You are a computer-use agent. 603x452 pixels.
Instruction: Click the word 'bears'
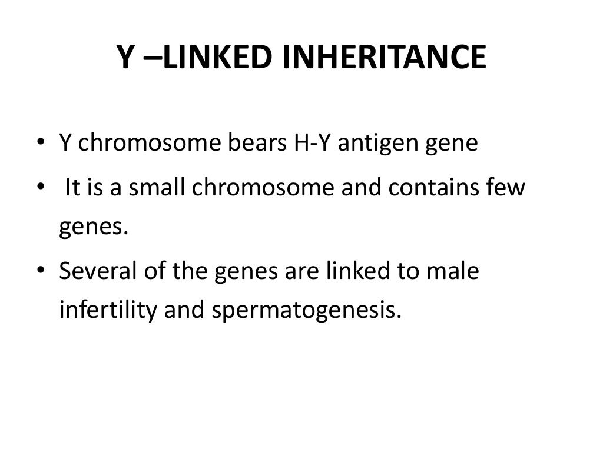[x=256, y=144]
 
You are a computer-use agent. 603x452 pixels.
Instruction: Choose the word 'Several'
[x=98, y=272]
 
